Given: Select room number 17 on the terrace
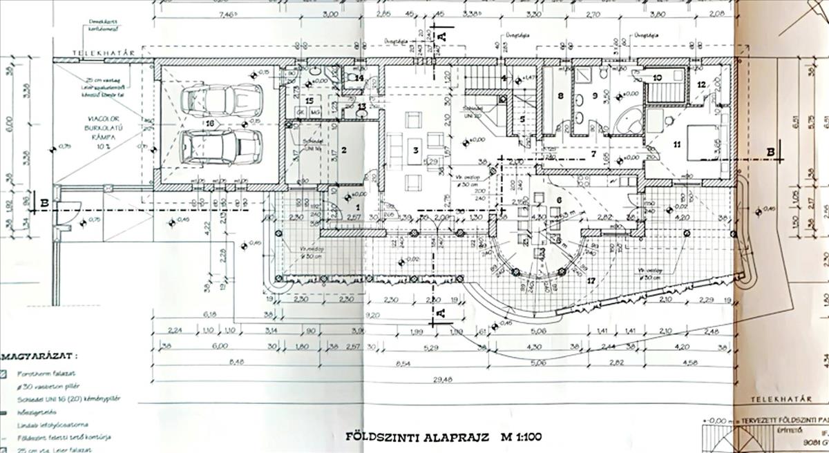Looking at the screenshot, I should click(x=591, y=281).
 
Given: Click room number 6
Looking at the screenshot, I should click(x=557, y=200).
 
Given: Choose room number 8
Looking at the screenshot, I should click(x=560, y=95).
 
